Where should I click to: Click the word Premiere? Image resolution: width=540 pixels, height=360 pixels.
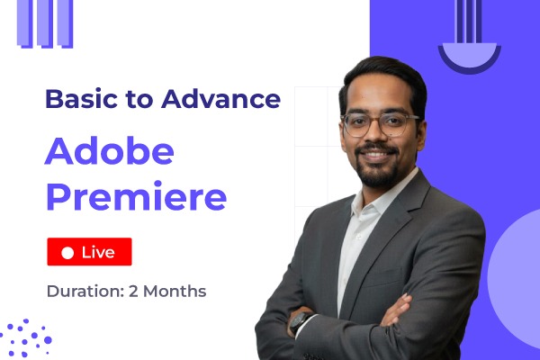point(136,195)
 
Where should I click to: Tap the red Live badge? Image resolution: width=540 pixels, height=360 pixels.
point(89,253)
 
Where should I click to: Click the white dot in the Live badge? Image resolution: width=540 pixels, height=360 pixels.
point(67,254)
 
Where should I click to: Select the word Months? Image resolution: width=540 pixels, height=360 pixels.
point(176,292)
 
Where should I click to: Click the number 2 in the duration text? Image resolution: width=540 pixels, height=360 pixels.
point(136,292)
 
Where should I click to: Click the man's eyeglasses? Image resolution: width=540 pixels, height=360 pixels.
point(379,124)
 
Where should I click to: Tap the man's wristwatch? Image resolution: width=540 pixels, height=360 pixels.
point(300,322)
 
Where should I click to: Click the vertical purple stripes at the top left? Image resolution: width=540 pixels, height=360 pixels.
point(45,22)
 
